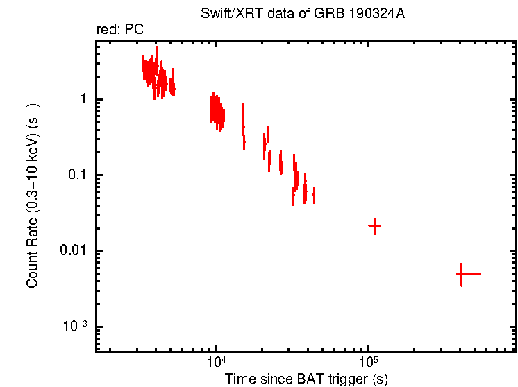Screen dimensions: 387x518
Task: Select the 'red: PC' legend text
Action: pos(119,31)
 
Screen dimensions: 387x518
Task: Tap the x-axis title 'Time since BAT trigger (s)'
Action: pos(306,379)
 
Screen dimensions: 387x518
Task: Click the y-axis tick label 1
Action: pos(82,99)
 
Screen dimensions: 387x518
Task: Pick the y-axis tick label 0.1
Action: pos(76,175)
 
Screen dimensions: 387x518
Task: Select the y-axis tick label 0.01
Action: pos(74,250)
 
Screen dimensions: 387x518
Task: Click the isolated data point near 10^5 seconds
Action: pos(374,226)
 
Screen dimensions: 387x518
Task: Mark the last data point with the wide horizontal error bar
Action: pos(461,275)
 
